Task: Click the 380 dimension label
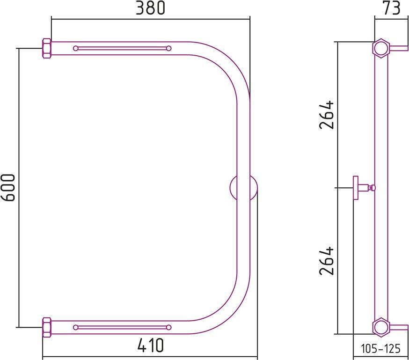pos(151,8)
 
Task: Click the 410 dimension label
pos(151,345)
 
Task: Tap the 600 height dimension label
pos(8,187)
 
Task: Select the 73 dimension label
pos(392,8)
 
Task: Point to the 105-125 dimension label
pos(380,348)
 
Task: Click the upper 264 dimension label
pos(326,115)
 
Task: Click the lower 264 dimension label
pos(326,260)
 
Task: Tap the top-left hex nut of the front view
pos(47,48)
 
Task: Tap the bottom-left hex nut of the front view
pos(47,327)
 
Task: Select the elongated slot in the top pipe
pos(122,48)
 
